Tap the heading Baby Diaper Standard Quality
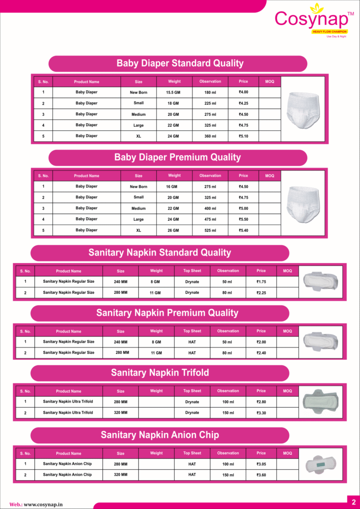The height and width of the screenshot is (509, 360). (x=180, y=64)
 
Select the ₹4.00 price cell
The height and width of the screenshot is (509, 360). (x=243, y=92)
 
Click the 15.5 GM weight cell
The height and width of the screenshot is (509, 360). (x=174, y=92)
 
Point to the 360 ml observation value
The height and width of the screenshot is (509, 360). (x=210, y=136)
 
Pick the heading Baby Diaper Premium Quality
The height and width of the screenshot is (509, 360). (x=178, y=158)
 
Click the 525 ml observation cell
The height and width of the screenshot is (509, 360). (x=210, y=231)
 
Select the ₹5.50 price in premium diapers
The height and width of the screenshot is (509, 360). (x=243, y=219)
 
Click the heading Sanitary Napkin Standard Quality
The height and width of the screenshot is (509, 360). (x=160, y=253)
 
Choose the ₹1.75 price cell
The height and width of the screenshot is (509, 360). (x=261, y=282)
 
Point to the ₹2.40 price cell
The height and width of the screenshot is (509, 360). (x=261, y=353)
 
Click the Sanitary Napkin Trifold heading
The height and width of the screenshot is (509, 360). (x=160, y=373)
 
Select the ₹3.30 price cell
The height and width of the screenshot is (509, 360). (x=261, y=413)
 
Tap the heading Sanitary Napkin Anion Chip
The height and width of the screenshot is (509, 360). (x=160, y=435)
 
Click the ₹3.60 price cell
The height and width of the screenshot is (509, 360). (x=261, y=475)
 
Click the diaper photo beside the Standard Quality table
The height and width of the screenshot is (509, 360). (x=303, y=109)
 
